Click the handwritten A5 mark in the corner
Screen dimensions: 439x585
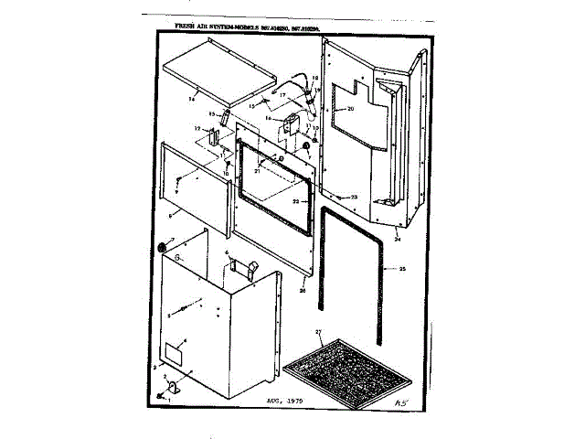coord(399,401)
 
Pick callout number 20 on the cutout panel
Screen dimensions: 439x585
coord(348,109)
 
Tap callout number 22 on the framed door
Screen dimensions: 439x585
coord(295,200)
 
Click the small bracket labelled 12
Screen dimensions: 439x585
coord(211,136)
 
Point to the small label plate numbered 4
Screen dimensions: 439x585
coord(172,352)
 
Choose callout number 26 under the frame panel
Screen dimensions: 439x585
coord(303,290)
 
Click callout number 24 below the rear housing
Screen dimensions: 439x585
coord(398,239)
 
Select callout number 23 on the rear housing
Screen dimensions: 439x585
coord(354,197)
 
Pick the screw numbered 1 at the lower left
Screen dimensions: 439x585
coord(161,395)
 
